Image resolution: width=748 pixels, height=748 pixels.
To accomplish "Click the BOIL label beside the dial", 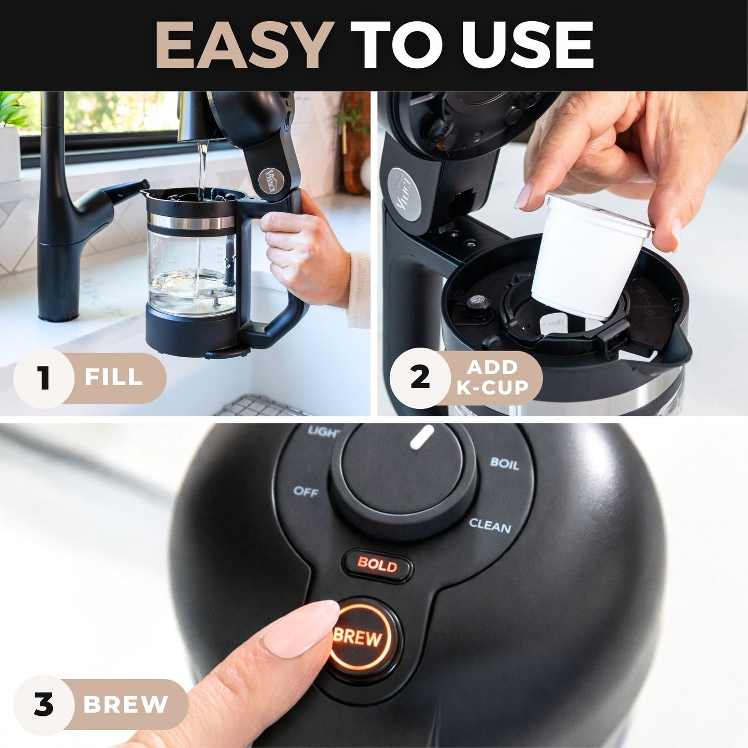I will coord(504,463).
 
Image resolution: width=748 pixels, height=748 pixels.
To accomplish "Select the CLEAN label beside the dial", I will coord(490,526).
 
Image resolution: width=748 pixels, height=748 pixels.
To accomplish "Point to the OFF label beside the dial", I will coord(305,491).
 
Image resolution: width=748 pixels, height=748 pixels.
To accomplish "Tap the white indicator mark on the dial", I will coord(421,437).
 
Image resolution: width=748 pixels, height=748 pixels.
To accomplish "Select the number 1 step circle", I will coord(44,378).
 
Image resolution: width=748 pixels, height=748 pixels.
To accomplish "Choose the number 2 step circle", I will coord(420,377).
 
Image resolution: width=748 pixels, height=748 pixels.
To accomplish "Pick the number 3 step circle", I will coord(43,705).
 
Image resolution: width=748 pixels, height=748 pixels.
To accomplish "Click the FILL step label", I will coord(114,377).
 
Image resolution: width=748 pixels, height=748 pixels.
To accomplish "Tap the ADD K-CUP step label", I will coord(492,377).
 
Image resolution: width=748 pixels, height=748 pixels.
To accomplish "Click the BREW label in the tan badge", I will coord(126,705).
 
